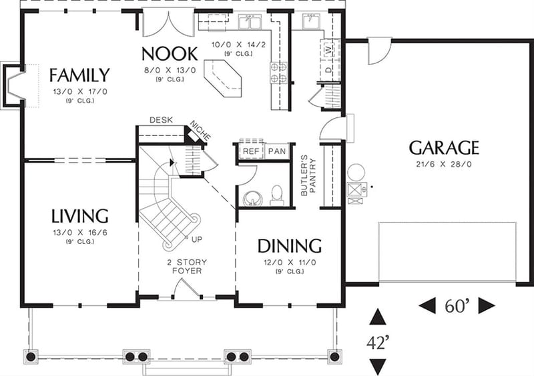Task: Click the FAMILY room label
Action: pyautogui.click(x=79, y=74)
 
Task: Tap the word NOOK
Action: pyautogui.click(x=169, y=53)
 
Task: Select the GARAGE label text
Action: pyautogui.click(x=444, y=147)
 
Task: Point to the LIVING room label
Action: pyautogui.click(x=79, y=215)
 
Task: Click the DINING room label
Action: pyautogui.click(x=290, y=245)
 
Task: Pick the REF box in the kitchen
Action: pyautogui.click(x=250, y=151)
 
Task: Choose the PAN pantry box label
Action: pyautogui.click(x=277, y=151)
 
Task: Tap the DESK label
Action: pyautogui.click(x=161, y=120)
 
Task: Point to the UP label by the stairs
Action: pyautogui.click(x=198, y=238)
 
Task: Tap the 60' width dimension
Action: pyautogui.click(x=457, y=306)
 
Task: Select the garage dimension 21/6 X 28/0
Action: pyautogui.click(x=444, y=163)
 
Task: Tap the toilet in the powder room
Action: pyautogui.click(x=278, y=195)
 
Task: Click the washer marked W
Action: pyautogui.click(x=328, y=49)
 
